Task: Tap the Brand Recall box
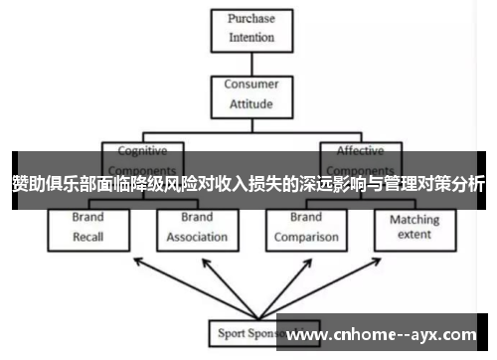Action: coord(87,228)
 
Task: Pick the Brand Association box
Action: coord(197,228)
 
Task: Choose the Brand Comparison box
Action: coord(306,228)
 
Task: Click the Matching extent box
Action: coord(414,228)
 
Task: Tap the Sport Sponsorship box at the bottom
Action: coord(244,332)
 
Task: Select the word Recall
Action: coord(87,237)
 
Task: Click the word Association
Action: coord(197,238)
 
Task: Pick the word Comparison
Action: coord(306,238)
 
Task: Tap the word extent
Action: coord(414,235)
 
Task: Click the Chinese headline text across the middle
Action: coord(248,183)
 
